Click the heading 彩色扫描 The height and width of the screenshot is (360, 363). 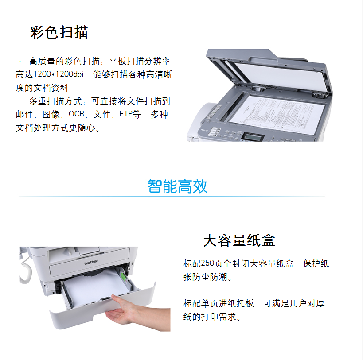pos(59,32)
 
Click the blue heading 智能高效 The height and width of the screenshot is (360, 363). pos(178,186)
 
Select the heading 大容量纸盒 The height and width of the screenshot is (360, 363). pos(239,240)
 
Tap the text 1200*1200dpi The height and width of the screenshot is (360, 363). pos(59,74)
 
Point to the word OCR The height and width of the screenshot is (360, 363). pos(76,114)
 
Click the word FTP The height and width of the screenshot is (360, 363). pos(126,114)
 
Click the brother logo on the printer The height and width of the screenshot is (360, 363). pos(91,263)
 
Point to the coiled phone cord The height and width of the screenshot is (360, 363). pos(24,271)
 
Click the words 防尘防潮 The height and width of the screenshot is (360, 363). pos(210,277)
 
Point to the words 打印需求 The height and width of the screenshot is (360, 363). pos(219,317)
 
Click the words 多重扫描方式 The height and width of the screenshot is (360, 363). pos(55,101)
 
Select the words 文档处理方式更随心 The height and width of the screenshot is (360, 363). pos(55,128)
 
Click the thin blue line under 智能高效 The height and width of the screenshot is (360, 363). pos(172,197)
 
